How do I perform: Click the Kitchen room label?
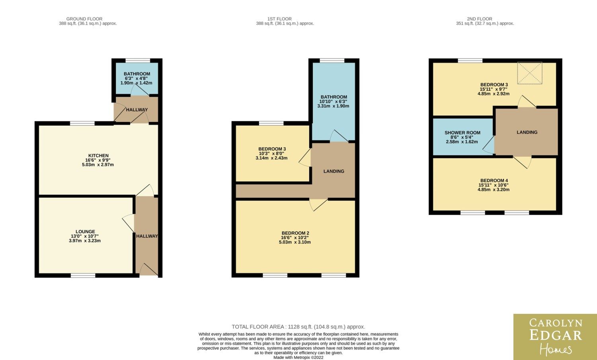pyautogui.click(x=98, y=156)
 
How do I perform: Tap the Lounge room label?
pyautogui.click(x=85, y=232)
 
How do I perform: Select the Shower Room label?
pyautogui.click(x=462, y=133)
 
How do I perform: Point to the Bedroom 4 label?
pyautogui.click(x=494, y=181)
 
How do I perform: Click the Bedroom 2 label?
pyautogui.click(x=295, y=233)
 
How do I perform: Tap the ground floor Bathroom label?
pyautogui.click(x=137, y=74)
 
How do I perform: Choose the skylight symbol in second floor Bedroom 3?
pyautogui.click(x=530, y=73)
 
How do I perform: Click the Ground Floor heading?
pyautogui.click(x=84, y=19)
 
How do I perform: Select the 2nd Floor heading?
pyautogui.click(x=480, y=19)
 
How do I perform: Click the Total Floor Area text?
pyautogui.click(x=298, y=327)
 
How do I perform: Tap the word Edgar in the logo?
pyautogui.click(x=556, y=335)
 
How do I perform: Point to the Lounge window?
pyautogui.click(x=83, y=275)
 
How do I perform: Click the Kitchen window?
pyautogui.click(x=82, y=123)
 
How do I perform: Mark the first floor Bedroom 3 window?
pyautogui.click(x=271, y=123)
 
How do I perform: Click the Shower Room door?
pyautogui.click(x=489, y=145)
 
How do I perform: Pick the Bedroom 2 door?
pyautogui.click(x=318, y=204)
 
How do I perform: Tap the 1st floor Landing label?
pyautogui.click(x=334, y=171)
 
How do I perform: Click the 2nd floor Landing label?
pyautogui.click(x=527, y=132)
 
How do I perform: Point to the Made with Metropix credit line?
pyautogui.click(x=298, y=358)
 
